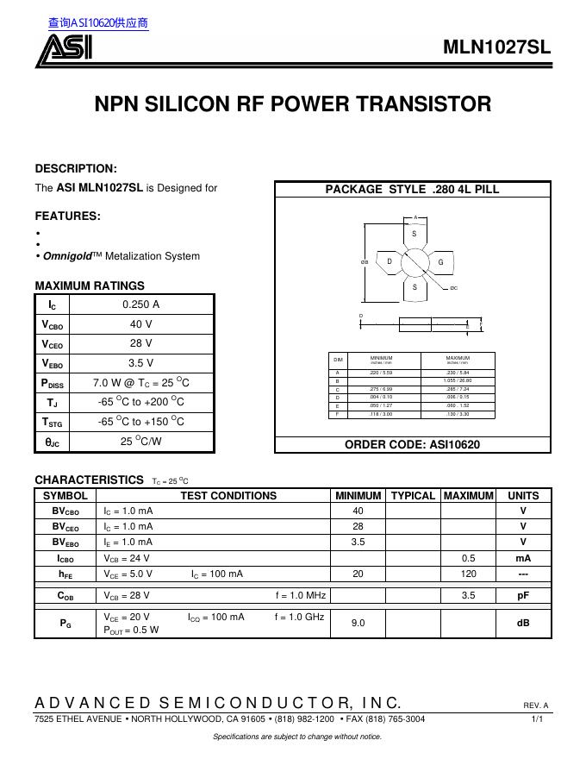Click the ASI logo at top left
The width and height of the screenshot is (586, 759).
click(63, 51)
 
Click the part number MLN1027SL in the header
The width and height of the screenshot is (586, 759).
click(496, 47)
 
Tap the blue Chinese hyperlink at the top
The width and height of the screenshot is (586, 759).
click(98, 23)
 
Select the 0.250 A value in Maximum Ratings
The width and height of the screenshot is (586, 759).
click(141, 304)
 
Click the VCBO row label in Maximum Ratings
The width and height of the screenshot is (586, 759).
click(53, 324)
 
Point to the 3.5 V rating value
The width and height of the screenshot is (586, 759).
click(141, 363)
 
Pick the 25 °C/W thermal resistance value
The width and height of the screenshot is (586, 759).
click(141, 441)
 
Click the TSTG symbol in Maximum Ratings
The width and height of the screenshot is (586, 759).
click(53, 422)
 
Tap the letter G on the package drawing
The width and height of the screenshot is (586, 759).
click(439, 261)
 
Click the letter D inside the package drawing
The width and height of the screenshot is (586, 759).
click(390, 261)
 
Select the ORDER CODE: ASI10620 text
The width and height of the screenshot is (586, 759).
click(412, 444)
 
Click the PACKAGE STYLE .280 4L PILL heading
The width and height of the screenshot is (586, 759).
click(412, 190)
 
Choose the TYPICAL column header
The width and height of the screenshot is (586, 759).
click(413, 496)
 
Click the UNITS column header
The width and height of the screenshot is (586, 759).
click(523, 496)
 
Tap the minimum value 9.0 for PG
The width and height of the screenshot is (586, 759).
click(358, 622)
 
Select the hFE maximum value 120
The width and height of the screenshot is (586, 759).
click(468, 574)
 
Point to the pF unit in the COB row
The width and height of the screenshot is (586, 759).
click(523, 595)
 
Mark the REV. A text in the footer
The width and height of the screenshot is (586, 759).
click(535, 706)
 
